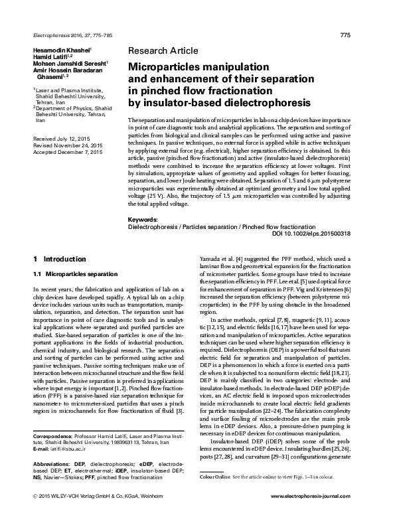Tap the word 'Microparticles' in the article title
click(x=167, y=67)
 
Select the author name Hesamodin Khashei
click(x=56, y=50)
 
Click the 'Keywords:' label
click(x=142, y=218)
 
